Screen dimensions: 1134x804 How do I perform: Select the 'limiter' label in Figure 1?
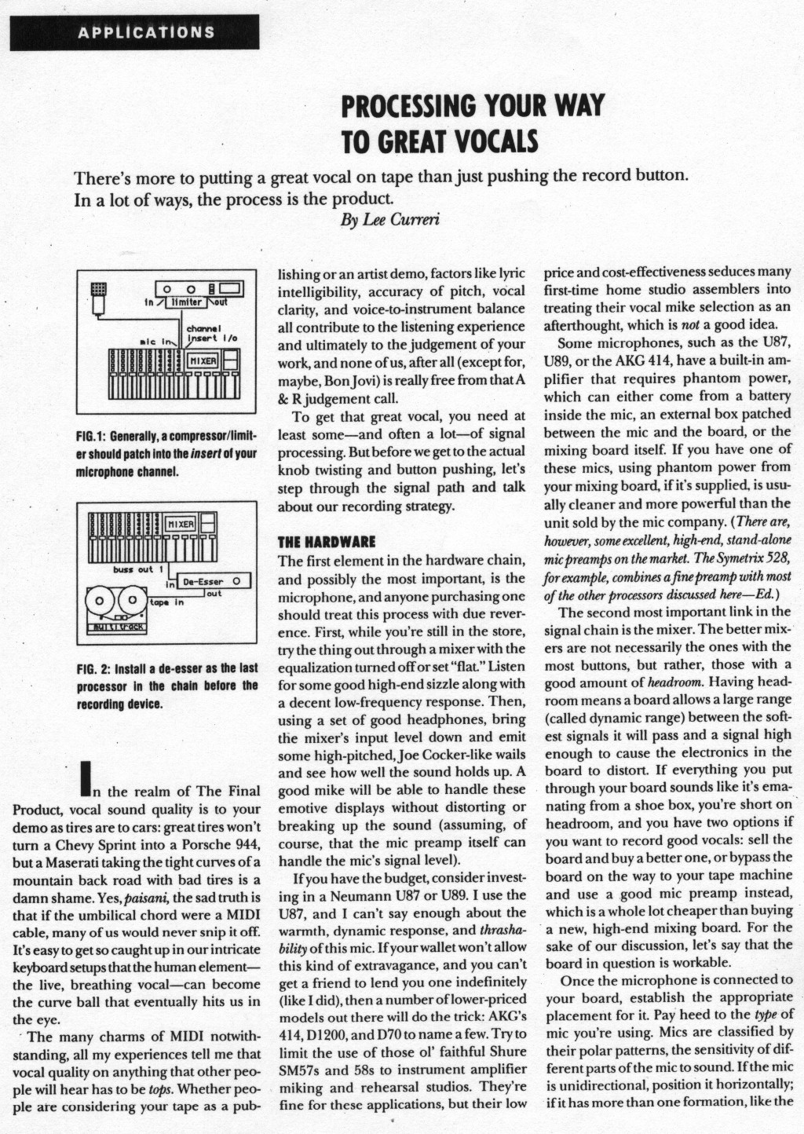click(x=188, y=302)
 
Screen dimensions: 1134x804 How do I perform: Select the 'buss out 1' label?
click(x=139, y=569)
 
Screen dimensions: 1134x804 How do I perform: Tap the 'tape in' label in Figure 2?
click(x=166, y=603)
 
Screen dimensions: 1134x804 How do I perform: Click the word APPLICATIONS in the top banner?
click(x=145, y=33)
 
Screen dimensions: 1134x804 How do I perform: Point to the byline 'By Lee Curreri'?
click(x=389, y=220)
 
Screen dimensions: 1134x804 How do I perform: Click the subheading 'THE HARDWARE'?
click(x=327, y=542)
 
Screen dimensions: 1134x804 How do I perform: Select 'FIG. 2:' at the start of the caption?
click(x=95, y=668)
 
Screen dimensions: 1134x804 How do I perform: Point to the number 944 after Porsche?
click(x=246, y=844)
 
